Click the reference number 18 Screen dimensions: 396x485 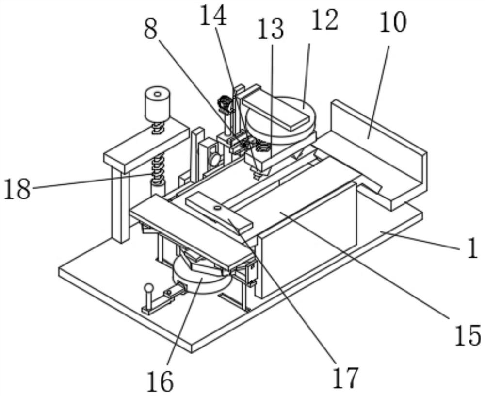(17, 189)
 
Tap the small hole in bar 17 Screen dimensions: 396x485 (217, 208)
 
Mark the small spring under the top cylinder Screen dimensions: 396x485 (158, 129)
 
